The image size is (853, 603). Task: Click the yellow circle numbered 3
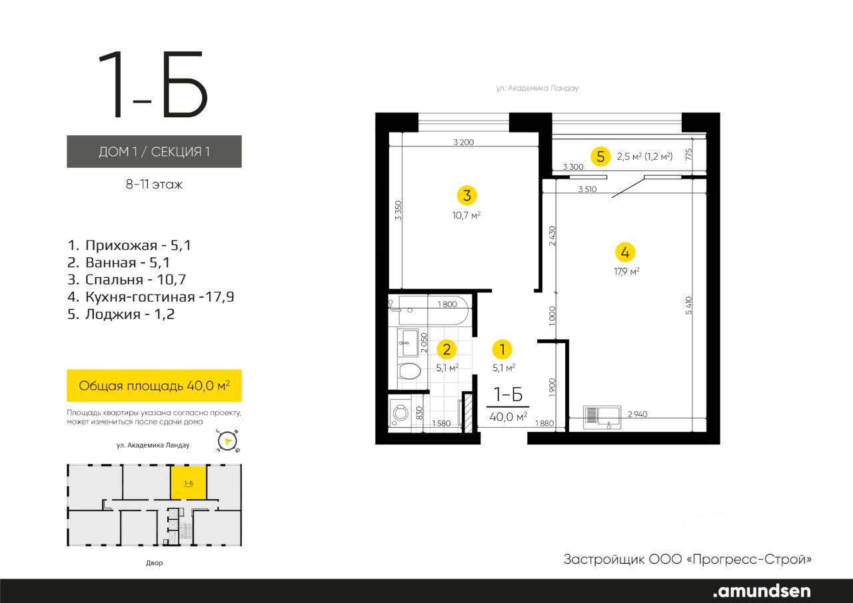[467, 196]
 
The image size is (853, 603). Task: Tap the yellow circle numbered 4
[625, 253]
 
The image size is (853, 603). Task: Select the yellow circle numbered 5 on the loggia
[600, 157]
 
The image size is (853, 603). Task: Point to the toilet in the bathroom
[409, 370]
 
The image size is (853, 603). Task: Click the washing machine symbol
[401, 413]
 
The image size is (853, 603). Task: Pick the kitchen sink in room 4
[602, 417]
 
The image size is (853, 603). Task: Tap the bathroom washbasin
[408, 342]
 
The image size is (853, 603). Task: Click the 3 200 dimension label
[463, 143]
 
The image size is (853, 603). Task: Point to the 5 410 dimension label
[688, 305]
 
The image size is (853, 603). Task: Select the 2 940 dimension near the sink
[638, 414]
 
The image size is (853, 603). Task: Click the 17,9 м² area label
[626, 271]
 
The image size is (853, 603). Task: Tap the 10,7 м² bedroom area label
[466, 215]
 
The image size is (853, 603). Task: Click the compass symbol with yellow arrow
[228, 442]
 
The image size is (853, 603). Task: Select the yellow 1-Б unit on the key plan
[189, 482]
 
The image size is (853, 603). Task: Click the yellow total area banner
[154, 386]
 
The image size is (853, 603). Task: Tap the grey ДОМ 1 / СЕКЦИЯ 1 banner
[154, 151]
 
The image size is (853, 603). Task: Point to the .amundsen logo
[762, 591]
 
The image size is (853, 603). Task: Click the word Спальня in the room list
[114, 280]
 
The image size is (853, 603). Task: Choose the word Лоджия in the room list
[113, 314]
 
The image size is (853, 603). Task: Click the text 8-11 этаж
[154, 185]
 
